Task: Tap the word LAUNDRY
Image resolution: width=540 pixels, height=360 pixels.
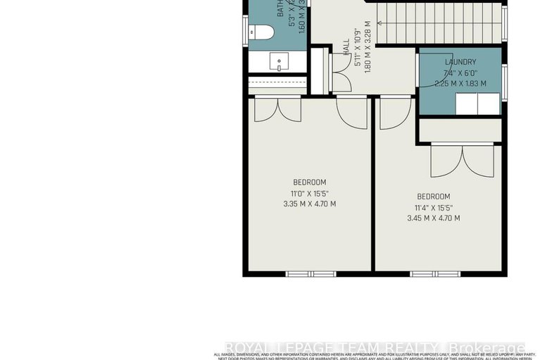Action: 460,62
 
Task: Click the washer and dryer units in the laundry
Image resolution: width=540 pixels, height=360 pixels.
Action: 477,104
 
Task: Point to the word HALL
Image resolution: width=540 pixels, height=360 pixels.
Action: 346,48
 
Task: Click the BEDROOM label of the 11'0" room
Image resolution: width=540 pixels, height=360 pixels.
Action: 309,182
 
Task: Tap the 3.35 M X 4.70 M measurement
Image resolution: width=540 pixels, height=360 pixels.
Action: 309,204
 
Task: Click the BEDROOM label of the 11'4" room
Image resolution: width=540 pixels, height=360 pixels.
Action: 433,196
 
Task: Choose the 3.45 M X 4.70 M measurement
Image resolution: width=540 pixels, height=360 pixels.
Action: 433,218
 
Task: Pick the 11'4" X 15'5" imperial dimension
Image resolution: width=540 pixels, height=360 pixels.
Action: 433,207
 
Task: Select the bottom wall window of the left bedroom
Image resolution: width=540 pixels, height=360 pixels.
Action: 310,273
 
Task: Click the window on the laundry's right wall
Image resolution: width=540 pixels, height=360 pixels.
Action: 503,75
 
